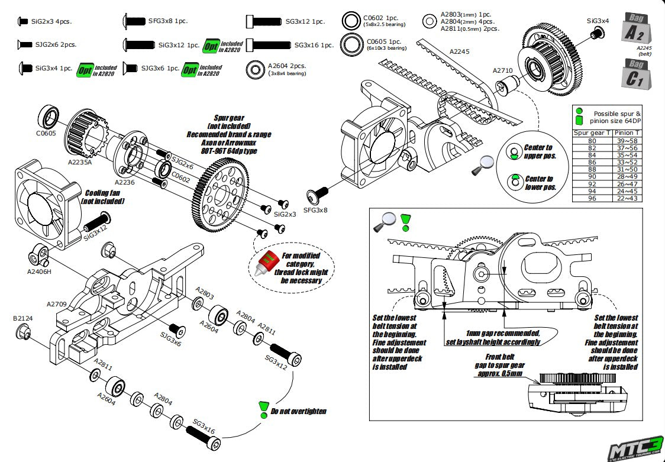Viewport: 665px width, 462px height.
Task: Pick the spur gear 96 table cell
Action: (592, 198)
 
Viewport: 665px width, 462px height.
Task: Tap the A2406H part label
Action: (40, 272)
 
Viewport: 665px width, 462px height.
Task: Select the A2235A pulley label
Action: (80, 161)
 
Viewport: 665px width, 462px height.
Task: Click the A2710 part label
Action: (502, 70)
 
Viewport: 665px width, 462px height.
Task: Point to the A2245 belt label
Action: (460, 51)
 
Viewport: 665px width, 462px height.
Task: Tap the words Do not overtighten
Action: (299, 411)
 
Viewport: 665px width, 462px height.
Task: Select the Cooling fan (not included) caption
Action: (104, 197)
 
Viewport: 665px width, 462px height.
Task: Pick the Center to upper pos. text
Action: (538, 151)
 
